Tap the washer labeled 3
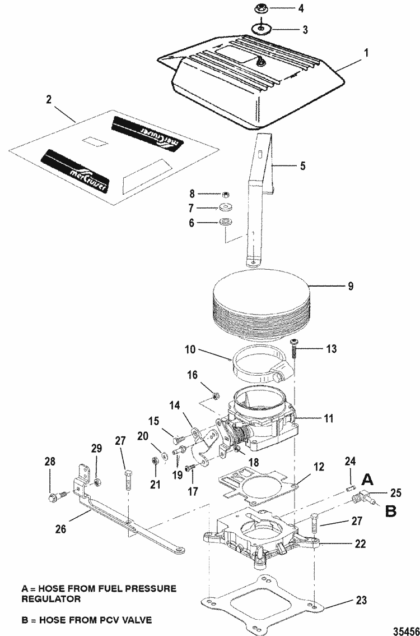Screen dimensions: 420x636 coord(261,29)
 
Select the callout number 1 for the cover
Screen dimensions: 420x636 coord(366,53)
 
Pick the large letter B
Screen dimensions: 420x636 coord(390,511)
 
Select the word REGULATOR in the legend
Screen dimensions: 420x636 coord(51,598)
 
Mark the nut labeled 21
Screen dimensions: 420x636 coord(155,461)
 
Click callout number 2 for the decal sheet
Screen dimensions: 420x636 coord(49,100)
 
